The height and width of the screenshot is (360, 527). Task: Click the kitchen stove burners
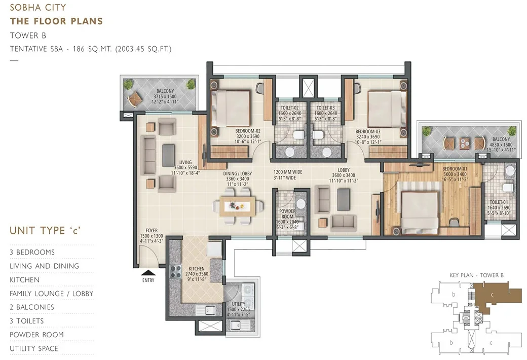(x=176, y=272)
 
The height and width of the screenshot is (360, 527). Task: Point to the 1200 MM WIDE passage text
(x=288, y=172)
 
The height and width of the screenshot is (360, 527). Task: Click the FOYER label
(x=152, y=230)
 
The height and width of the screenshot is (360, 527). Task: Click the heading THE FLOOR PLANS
(x=56, y=21)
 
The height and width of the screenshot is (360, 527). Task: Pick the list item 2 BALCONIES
(x=32, y=307)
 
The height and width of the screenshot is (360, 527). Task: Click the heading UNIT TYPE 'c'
(x=46, y=231)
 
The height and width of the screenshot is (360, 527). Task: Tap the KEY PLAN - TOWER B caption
(x=476, y=275)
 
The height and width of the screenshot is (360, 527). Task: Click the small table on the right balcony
(x=465, y=143)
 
